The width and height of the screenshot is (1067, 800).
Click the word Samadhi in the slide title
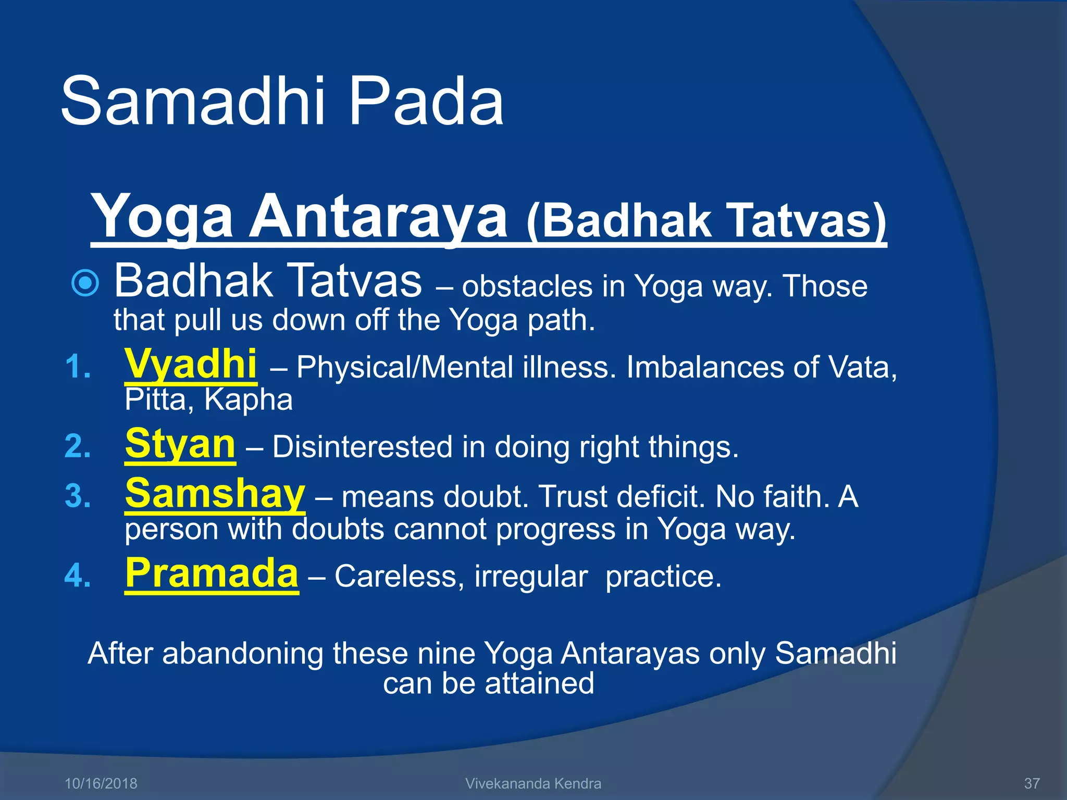[x=193, y=102]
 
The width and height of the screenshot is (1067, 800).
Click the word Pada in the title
[x=426, y=102]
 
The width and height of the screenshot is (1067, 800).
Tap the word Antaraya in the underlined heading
[x=379, y=216]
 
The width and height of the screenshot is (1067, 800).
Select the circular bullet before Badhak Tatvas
[x=85, y=283]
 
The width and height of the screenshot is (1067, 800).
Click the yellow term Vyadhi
[x=191, y=365]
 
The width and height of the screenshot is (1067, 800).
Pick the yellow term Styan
[x=180, y=444]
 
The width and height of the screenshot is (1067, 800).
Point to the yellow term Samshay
[x=215, y=494]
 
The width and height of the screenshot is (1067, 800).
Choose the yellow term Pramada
[x=212, y=573]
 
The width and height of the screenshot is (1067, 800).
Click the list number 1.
[x=78, y=367]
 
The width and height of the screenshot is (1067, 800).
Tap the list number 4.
[x=78, y=577]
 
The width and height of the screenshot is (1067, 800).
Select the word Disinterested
[x=362, y=447]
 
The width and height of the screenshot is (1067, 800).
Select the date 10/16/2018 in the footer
[x=101, y=783]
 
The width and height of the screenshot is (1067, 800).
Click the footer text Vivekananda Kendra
[x=533, y=783]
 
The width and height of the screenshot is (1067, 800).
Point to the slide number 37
[x=1032, y=783]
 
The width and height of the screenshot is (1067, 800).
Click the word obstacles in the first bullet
[x=527, y=286]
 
